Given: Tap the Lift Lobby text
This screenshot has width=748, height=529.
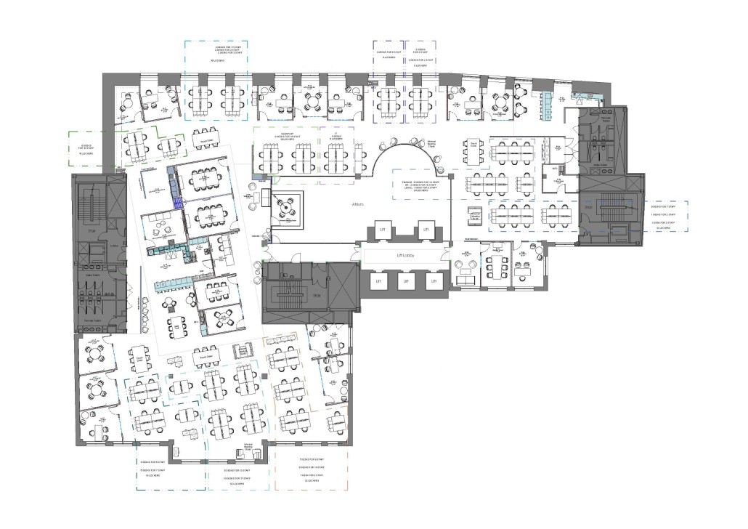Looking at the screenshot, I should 403,256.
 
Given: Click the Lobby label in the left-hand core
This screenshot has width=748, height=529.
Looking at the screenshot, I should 114,245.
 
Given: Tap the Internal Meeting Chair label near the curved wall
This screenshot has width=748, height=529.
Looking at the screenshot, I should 431,144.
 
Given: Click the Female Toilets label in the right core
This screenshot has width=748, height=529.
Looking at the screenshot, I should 599,164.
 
